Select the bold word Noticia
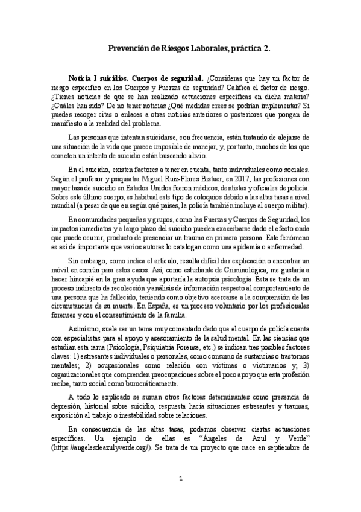[x=82, y=78]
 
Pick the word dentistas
[x=224, y=188]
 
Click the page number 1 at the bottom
[x=180, y=496]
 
